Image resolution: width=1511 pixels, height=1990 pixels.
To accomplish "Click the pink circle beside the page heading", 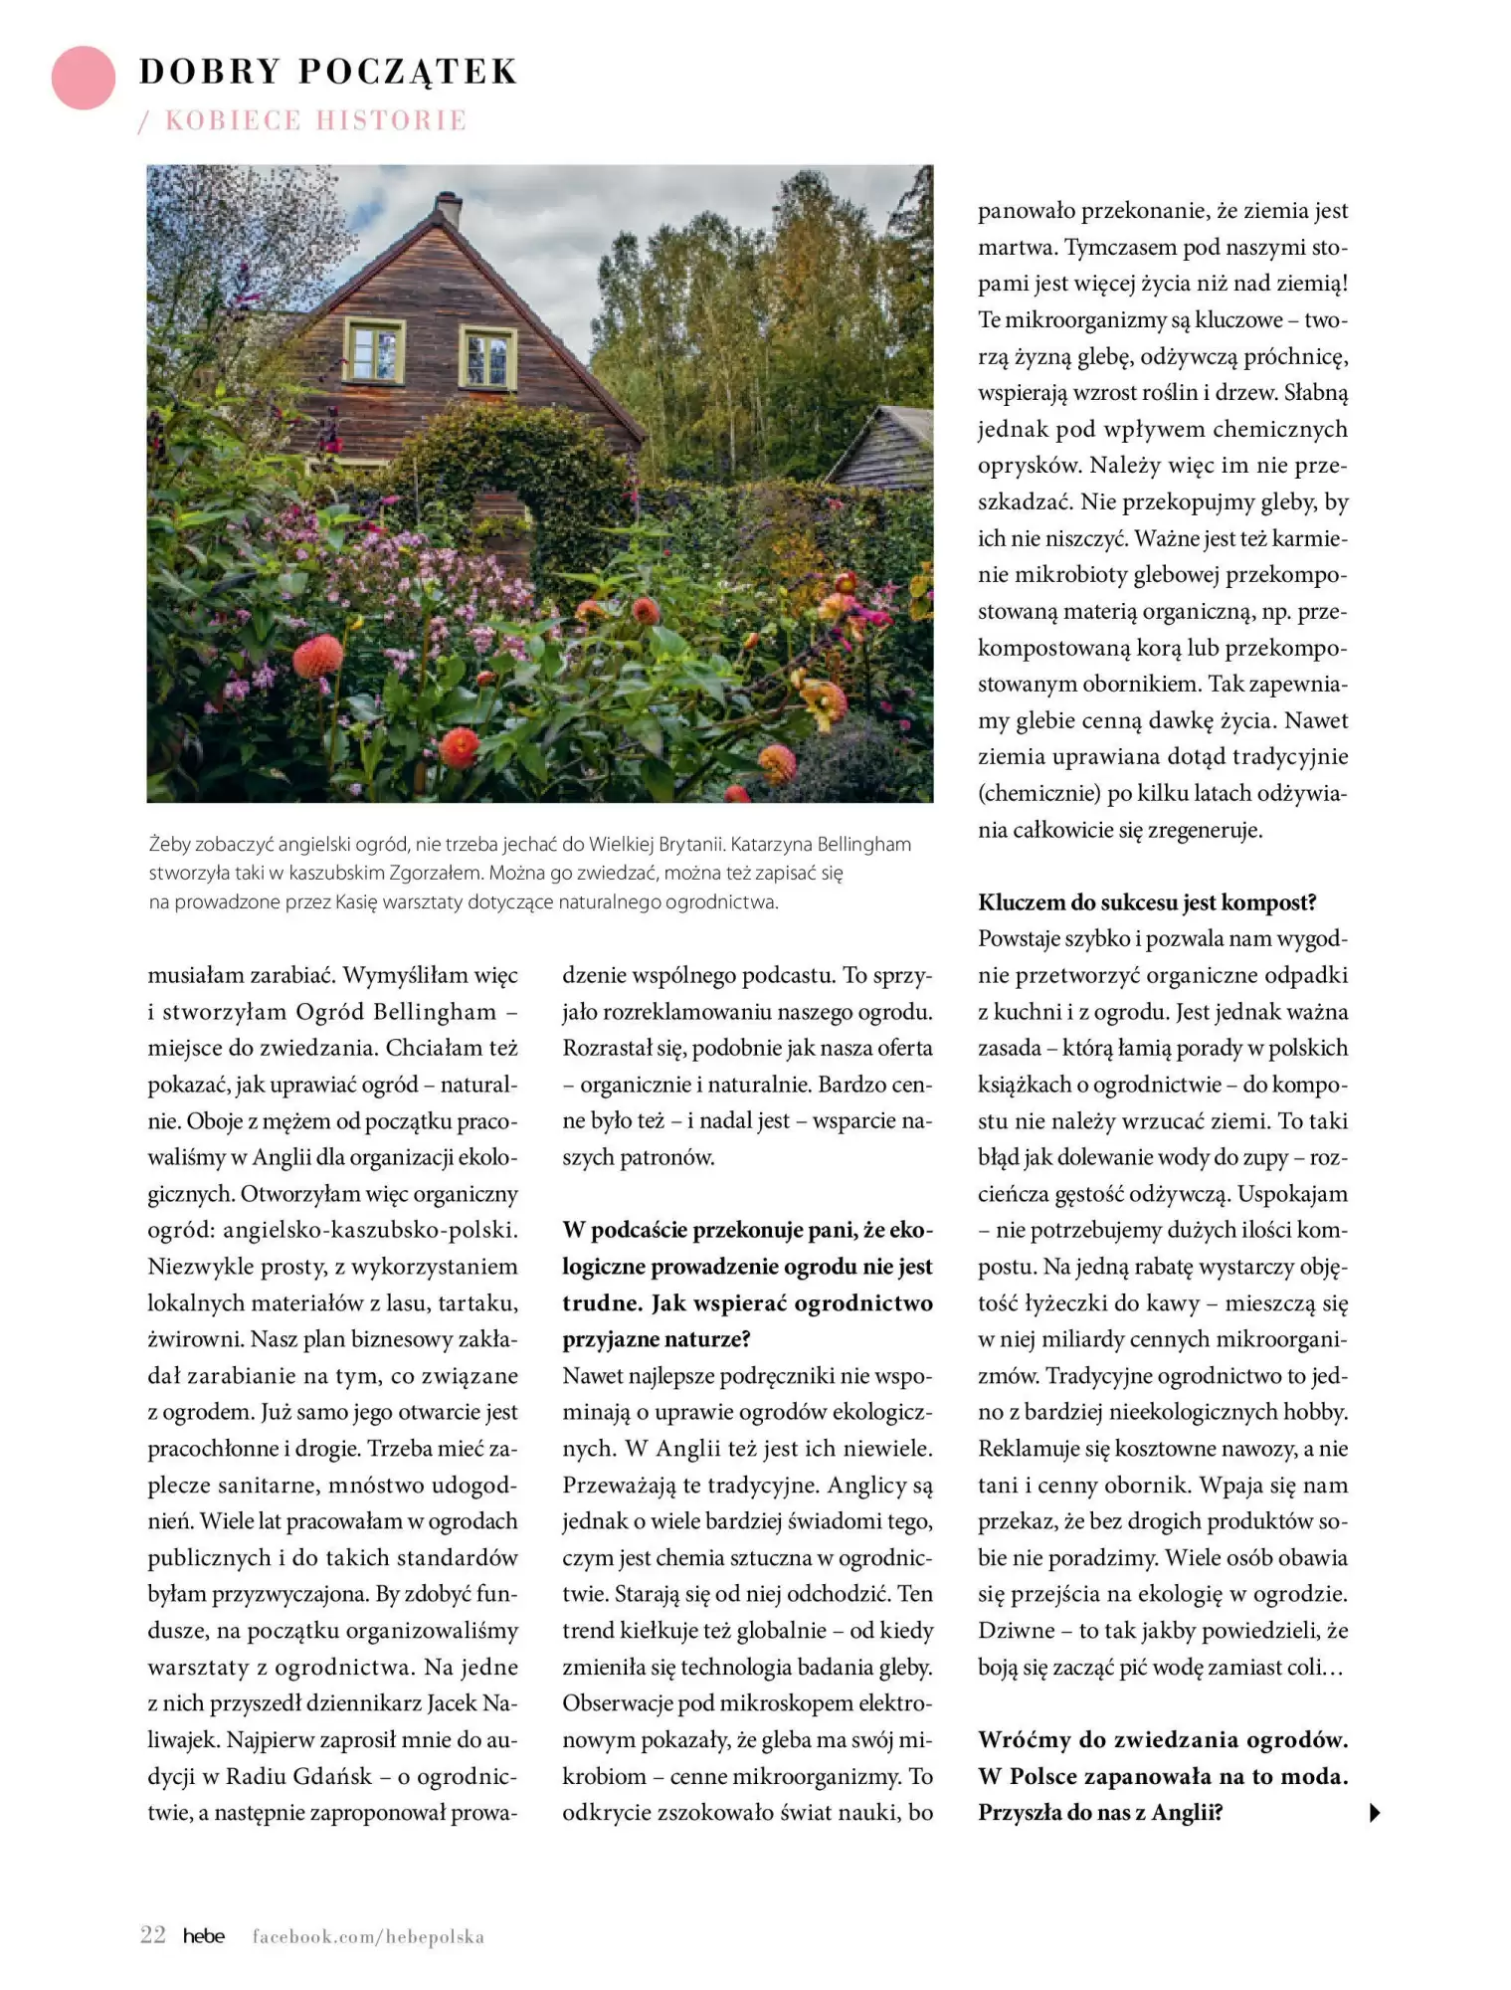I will (84, 78).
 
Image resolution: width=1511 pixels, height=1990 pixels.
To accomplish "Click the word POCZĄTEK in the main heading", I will (408, 72).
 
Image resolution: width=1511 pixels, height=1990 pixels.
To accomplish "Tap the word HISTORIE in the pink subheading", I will (390, 120).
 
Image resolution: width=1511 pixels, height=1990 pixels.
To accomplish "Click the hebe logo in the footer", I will (204, 1935).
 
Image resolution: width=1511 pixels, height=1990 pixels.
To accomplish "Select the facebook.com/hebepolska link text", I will (368, 1936).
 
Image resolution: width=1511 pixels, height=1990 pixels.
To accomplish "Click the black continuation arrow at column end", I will (1375, 1813).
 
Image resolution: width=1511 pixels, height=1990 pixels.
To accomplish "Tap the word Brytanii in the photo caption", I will (687, 845).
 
